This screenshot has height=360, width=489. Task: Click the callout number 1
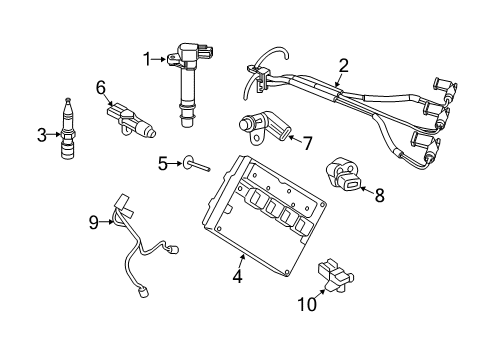click(x=147, y=60)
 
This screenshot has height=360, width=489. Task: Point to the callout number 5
click(x=162, y=161)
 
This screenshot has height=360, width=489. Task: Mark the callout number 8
click(x=379, y=197)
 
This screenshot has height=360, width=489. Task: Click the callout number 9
click(x=93, y=223)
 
